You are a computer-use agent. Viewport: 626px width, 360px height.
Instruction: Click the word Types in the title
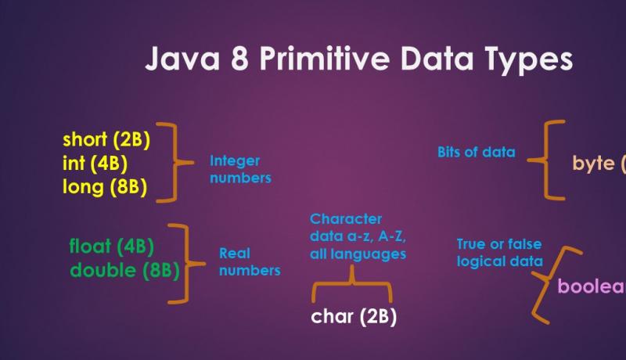[531, 61]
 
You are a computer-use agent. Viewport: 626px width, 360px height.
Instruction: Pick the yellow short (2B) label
[106, 140]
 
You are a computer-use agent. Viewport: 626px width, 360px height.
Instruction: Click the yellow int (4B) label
[94, 164]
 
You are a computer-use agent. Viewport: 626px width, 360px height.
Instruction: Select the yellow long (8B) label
[104, 188]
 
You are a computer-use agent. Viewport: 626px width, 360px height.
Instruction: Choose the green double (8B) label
[124, 270]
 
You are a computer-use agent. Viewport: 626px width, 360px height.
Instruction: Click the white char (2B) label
[354, 316]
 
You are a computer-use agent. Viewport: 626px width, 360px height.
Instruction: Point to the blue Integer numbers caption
[239, 169]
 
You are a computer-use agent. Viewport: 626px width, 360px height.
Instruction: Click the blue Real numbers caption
[249, 261]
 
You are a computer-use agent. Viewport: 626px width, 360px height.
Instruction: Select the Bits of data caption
[476, 152]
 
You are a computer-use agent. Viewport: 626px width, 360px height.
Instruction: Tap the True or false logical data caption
[499, 253]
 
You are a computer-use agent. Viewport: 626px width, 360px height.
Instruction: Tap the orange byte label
[599, 164]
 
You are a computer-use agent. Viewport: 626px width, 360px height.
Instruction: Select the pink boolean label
[592, 286]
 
